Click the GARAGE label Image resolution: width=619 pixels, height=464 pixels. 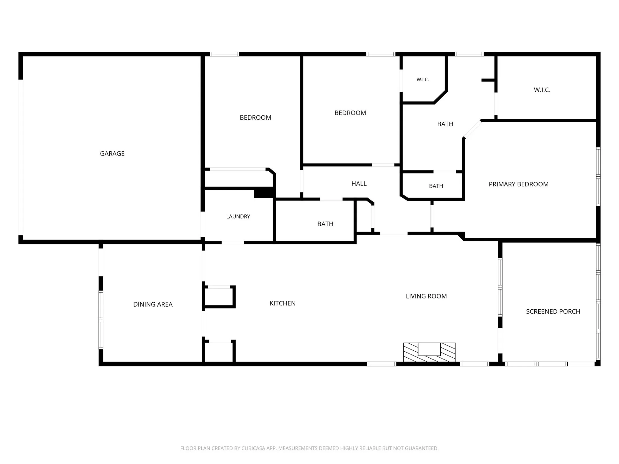(x=112, y=153)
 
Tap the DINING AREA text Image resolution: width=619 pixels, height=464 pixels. (x=153, y=304)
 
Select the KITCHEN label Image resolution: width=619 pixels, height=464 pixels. (x=282, y=303)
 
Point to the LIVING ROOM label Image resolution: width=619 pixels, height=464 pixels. (x=426, y=296)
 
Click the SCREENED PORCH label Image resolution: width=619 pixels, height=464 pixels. (x=553, y=311)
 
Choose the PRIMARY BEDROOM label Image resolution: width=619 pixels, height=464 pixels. (x=518, y=184)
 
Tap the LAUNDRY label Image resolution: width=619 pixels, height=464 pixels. (x=238, y=216)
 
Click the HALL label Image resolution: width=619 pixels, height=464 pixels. (x=359, y=183)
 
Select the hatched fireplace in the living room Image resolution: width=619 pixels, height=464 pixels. (x=429, y=352)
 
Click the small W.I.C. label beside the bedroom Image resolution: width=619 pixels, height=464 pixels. (x=423, y=79)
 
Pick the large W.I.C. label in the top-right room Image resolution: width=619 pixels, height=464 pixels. (x=542, y=90)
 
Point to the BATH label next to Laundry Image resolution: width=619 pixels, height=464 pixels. (x=325, y=224)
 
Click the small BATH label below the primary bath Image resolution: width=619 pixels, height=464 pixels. (x=436, y=186)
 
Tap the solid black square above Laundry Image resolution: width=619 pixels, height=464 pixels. (x=264, y=193)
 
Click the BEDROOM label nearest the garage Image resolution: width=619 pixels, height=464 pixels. (x=255, y=118)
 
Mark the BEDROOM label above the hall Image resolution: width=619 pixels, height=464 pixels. (x=350, y=113)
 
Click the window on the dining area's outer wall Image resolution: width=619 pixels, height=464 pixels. (x=101, y=320)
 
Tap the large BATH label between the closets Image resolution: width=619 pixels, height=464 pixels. (x=445, y=124)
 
